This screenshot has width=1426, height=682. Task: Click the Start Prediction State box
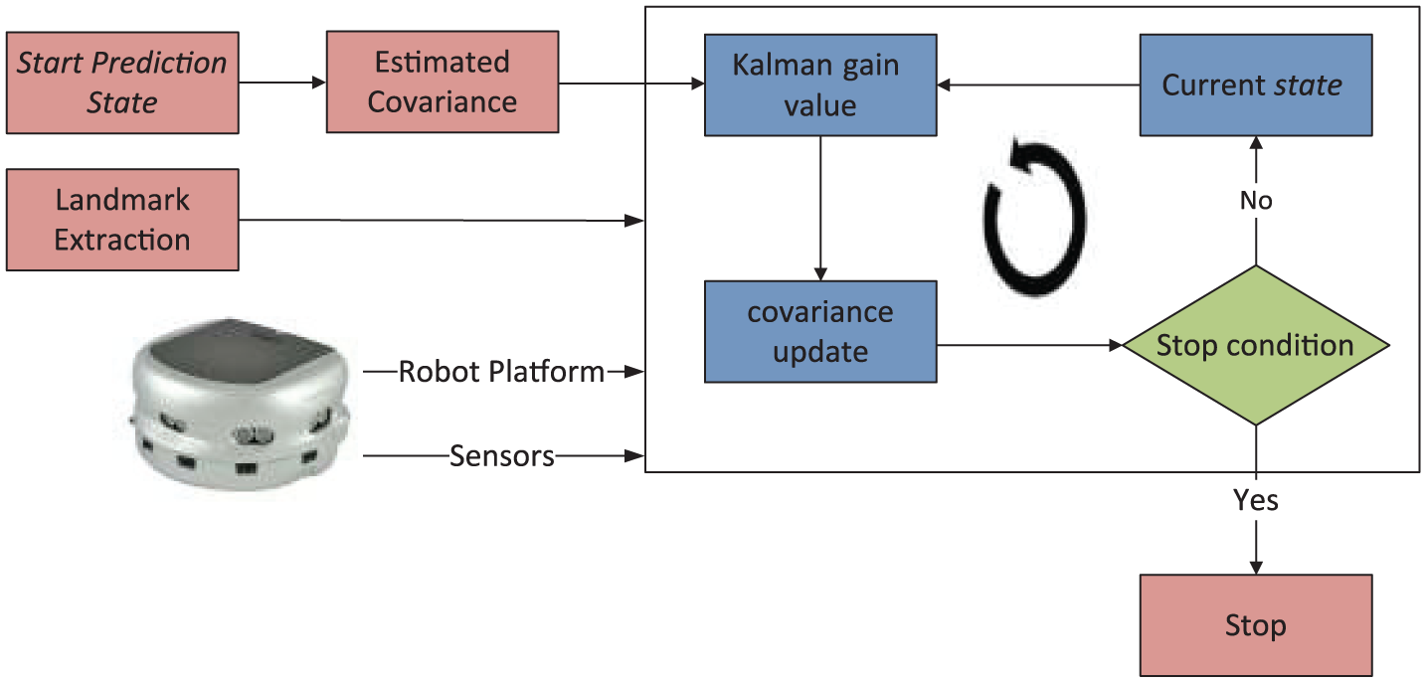122,83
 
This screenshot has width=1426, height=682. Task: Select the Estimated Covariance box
443,83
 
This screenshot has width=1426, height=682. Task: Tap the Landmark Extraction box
122,220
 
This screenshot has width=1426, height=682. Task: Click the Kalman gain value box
820,85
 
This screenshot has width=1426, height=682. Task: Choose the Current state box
1256,85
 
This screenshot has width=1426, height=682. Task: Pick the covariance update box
820,331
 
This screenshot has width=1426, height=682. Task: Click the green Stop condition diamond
1256,345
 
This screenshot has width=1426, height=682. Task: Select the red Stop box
1256,625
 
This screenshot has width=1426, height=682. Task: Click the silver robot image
241,405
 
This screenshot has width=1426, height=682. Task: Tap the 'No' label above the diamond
1256,201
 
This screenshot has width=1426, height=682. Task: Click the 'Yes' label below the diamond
1256,500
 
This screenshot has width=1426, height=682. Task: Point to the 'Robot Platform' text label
501,372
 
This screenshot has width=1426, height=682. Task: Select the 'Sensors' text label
501,456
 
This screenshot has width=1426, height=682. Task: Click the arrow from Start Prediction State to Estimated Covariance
282,83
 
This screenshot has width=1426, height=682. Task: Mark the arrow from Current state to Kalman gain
1038,85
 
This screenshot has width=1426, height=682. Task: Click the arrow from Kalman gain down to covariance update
820,208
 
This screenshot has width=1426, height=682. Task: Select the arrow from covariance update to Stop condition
1029,345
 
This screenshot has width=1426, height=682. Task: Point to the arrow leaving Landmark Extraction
442,220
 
